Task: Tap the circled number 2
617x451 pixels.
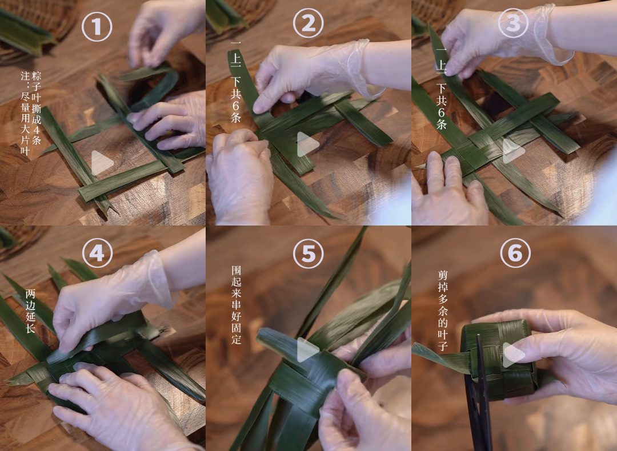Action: click(308, 23)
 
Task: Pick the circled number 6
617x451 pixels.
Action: click(515, 252)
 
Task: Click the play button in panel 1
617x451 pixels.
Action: click(102, 163)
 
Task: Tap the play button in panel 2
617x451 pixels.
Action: click(307, 144)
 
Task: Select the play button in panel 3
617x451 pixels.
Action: click(513, 151)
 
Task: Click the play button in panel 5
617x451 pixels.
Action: click(307, 349)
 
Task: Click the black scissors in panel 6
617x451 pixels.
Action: click(479, 393)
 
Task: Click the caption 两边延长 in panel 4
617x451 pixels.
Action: click(30, 311)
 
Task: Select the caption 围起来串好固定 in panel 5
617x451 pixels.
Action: click(236, 305)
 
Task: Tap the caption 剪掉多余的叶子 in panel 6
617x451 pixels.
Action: click(443, 311)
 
